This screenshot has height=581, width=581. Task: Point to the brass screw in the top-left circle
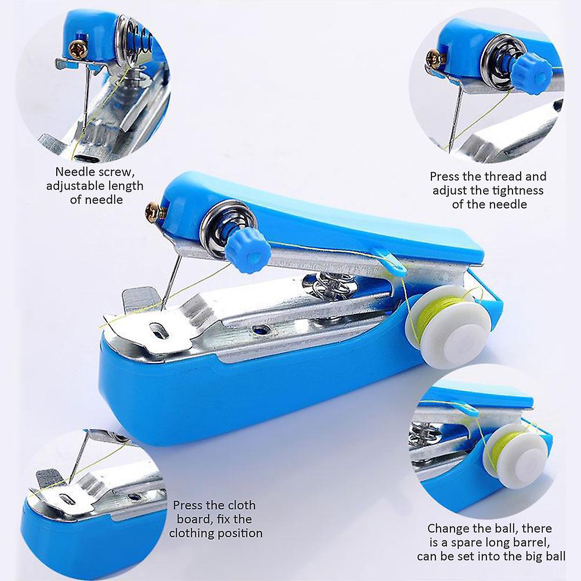pos(78,50)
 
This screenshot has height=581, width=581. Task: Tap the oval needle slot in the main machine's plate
pos(159,331)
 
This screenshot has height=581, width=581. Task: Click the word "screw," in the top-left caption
pos(116,172)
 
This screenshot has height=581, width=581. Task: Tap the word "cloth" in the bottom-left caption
pos(238,506)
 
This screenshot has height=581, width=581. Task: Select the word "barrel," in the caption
pos(531,543)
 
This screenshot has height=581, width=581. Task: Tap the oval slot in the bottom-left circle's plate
pos(67,500)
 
